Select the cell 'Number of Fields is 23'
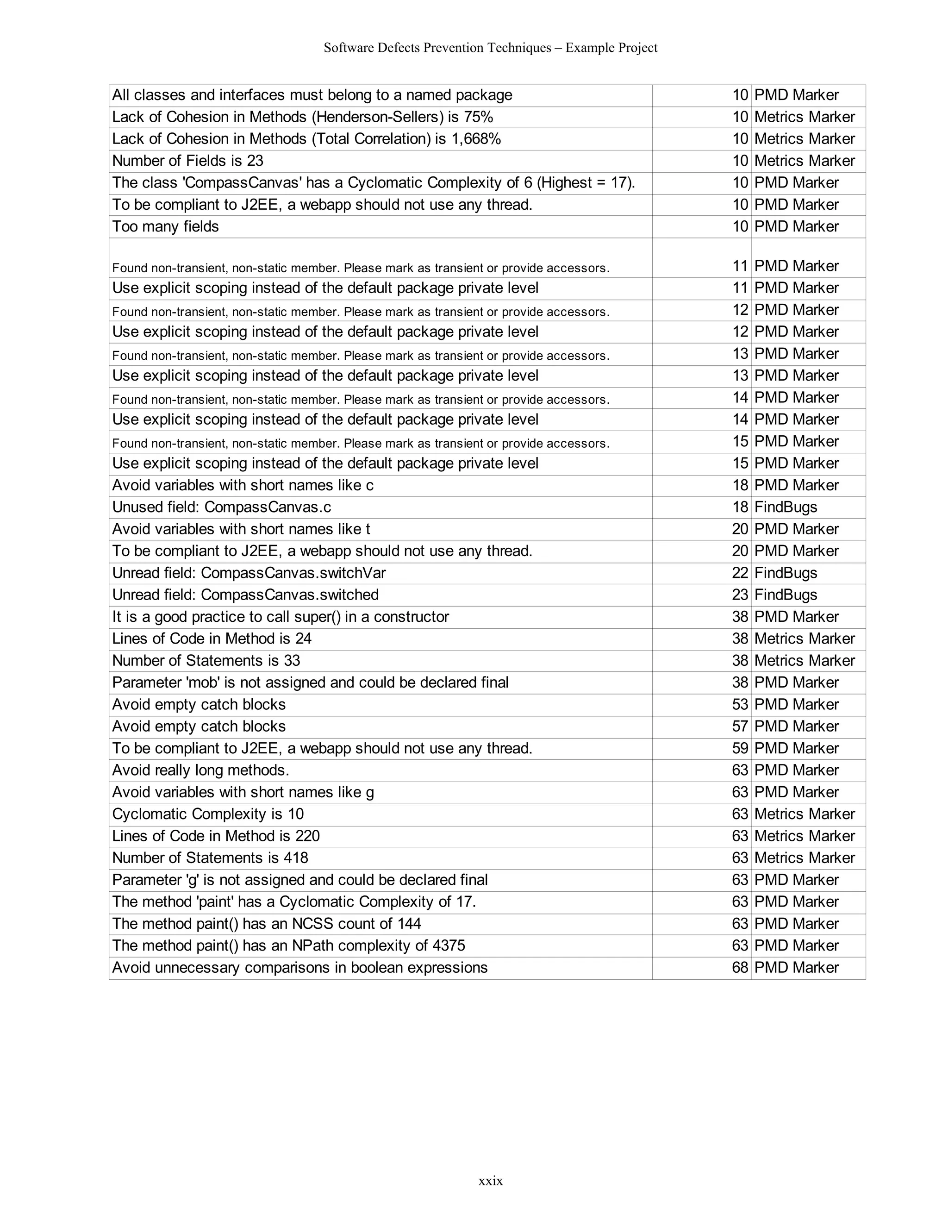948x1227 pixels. point(187,161)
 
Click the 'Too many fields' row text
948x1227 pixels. point(165,227)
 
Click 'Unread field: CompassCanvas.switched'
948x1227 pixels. point(245,595)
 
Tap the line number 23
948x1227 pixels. point(740,595)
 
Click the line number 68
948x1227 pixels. point(740,967)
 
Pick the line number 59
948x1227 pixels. point(740,748)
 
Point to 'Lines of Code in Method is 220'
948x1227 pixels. point(216,836)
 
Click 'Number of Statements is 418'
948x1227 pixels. point(210,858)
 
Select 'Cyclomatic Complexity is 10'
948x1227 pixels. point(208,814)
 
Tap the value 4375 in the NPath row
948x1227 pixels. point(449,945)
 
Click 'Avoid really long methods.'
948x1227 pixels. point(200,770)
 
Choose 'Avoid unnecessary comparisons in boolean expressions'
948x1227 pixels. point(300,967)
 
